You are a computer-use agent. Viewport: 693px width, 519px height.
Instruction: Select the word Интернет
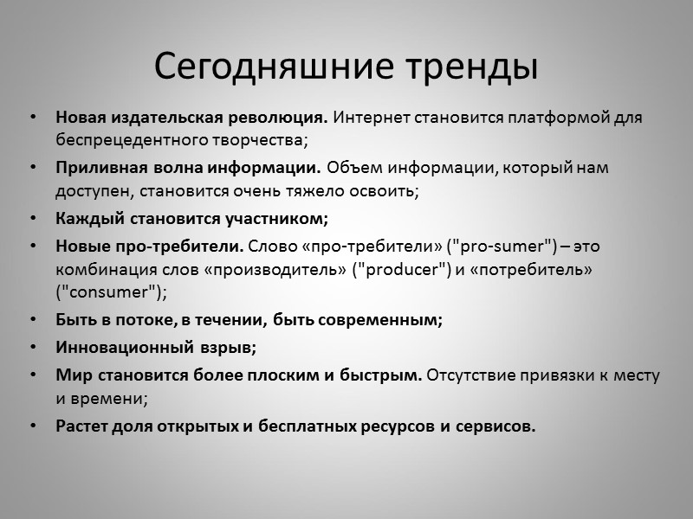coord(367,117)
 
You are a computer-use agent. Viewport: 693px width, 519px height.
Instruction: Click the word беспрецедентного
coord(121,138)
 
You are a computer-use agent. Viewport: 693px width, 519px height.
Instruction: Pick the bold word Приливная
coord(94,167)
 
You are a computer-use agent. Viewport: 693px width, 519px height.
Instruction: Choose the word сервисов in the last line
coord(497,427)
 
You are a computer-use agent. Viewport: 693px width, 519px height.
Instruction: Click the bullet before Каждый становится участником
coord(33,217)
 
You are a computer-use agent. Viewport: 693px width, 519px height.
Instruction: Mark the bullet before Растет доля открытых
coord(33,427)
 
